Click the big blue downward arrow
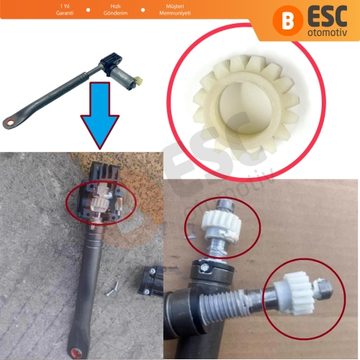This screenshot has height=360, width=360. click(x=99, y=113)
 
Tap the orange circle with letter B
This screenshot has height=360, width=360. click(x=288, y=21)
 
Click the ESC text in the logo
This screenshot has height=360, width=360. click(x=328, y=17)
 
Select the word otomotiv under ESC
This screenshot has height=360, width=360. click(x=328, y=32)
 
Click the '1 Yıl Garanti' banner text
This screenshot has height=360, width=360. click(x=65, y=9)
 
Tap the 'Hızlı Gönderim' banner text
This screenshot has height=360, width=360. click(x=115, y=9)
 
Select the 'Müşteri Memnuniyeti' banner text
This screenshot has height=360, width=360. click(x=175, y=9)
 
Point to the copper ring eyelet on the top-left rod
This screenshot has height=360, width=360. click(x=10, y=122)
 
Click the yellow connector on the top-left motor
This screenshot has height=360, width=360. click(x=139, y=81)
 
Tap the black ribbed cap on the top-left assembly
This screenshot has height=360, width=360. click(x=111, y=59)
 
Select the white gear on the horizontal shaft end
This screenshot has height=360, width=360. click(x=297, y=294)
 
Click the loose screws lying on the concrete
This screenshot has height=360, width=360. click(x=112, y=289)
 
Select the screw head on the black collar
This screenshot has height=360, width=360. click(x=205, y=267)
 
